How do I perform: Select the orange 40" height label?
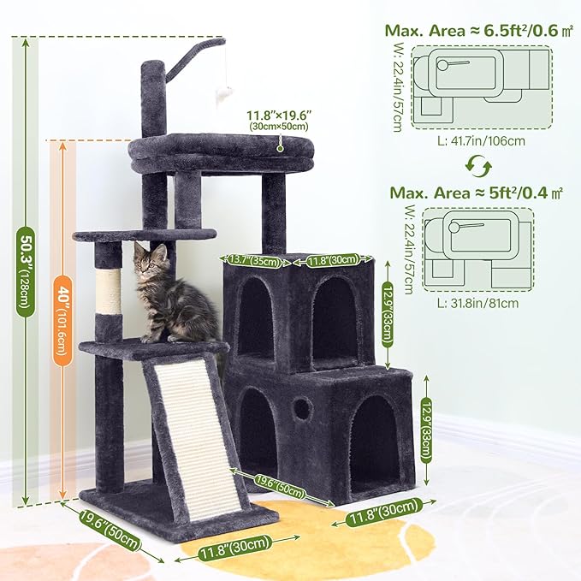point(62,320)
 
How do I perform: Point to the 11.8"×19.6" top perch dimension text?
point(279,117)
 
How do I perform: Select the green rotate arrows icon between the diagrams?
point(481,163)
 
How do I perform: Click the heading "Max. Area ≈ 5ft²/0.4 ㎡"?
point(476,193)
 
